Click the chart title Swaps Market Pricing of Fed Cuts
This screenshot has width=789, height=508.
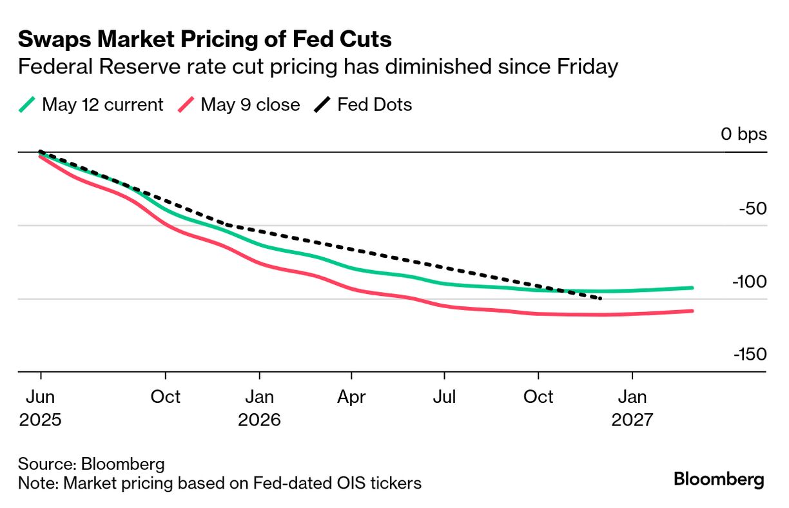(x=204, y=39)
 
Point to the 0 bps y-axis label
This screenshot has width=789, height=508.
(x=744, y=134)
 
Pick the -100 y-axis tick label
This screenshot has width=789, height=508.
(x=749, y=282)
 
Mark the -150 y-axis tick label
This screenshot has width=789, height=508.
(x=749, y=355)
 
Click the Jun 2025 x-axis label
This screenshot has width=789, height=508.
(x=41, y=408)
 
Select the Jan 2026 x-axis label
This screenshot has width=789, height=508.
(x=259, y=408)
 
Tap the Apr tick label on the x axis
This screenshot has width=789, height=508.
(x=351, y=396)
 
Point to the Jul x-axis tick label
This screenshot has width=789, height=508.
(x=444, y=396)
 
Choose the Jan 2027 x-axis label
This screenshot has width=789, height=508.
(x=632, y=408)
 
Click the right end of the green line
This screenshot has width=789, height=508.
(x=692, y=288)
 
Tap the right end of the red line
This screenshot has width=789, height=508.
(x=692, y=311)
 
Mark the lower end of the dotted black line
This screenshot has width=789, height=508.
(x=601, y=298)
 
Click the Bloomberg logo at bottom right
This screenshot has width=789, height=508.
(x=719, y=480)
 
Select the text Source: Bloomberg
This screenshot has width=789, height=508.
(x=91, y=464)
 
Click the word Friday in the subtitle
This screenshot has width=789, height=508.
(x=584, y=66)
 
